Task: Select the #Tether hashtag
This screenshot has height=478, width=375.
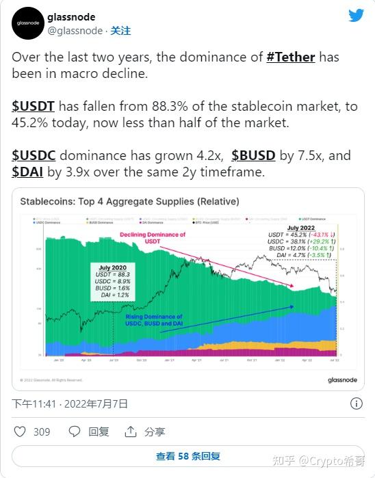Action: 290,57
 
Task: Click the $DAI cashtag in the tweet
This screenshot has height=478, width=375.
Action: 27,172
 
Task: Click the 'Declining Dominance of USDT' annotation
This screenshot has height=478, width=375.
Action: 153,238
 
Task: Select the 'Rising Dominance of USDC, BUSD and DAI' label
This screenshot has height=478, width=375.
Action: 154,321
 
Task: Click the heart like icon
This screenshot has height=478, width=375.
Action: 20,431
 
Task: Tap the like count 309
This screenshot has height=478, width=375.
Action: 42,431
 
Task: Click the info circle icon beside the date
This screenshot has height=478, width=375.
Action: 357,403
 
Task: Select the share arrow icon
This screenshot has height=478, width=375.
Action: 130,431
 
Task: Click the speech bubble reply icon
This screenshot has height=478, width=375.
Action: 75,431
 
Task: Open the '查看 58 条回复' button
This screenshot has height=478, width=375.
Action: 187,456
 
